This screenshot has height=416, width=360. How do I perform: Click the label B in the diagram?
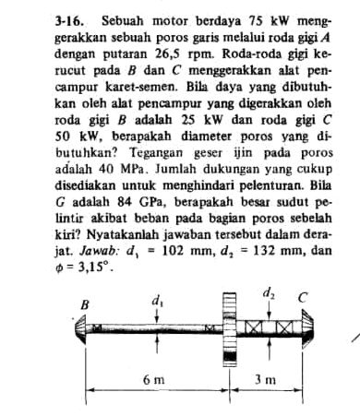pyautogui.click(x=87, y=303)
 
